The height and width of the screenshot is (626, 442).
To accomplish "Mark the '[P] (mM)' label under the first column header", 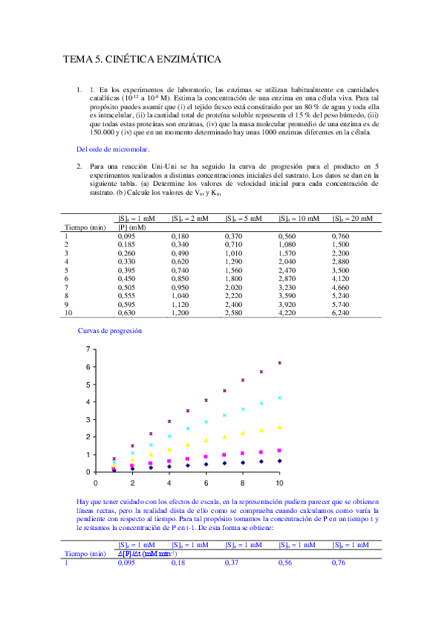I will (x=132, y=227).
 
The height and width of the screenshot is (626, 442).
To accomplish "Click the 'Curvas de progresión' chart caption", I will (x=110, y=331).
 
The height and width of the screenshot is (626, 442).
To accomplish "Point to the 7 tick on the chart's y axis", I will (x=89, y=349).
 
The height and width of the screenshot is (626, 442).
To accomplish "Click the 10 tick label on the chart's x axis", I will (x=279, y=483).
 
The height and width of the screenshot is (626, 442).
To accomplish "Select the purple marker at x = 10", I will (x=279, y=362).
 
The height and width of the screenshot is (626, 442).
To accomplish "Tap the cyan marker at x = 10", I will (x=279, y=398).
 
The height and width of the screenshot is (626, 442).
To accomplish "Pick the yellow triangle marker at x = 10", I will (x=279, y=427).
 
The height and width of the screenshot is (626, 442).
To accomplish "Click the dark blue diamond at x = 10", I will (x=279, y=461).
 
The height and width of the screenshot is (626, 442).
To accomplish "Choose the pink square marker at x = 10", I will (x=279, y=450).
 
